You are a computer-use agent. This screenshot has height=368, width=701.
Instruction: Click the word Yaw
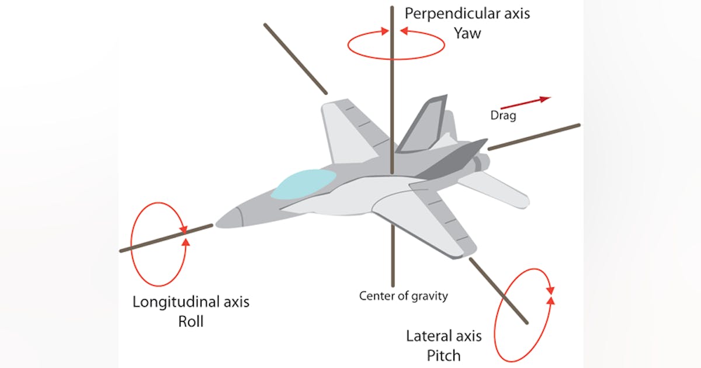point(467,33)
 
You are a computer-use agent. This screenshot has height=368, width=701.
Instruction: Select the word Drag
point(503,116)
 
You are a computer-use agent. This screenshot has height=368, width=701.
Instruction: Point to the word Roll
point(190,321)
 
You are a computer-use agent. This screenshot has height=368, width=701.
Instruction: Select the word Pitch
point(443,355)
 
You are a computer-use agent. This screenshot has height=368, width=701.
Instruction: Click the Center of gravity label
point(404,296)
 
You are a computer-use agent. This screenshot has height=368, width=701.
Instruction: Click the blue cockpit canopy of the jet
point(304,183)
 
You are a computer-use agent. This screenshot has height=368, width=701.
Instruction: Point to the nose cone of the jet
point(231,218)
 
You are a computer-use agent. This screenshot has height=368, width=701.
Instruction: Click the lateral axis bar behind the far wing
point(295,58)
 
